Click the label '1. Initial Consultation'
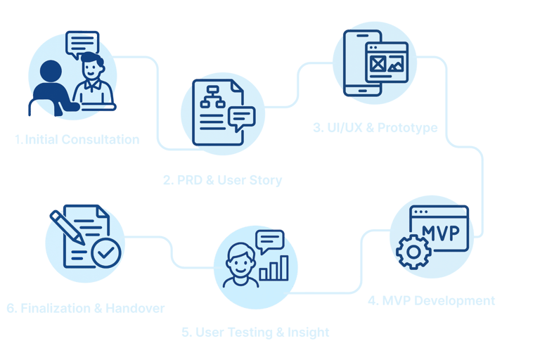pos(77,139)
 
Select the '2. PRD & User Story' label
pos(222,180)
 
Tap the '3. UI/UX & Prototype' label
pos(375,128)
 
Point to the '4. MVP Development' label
pos(432,301)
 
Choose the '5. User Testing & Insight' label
pos(255,333)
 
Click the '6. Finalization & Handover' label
pos(85,309)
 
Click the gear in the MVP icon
pos(413,252)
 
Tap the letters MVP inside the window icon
pos(441,233)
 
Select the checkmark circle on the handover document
pos(106,253)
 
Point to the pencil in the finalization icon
pos(67,227)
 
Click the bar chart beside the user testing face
pos(274,268)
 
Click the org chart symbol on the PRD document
pos(212,97)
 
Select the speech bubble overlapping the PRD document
pos(241,119)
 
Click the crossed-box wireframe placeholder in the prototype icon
pos(378,64)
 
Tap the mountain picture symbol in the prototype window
pos(395,65)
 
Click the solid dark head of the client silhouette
pos(51,71)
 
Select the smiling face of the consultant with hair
pos(92,67)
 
